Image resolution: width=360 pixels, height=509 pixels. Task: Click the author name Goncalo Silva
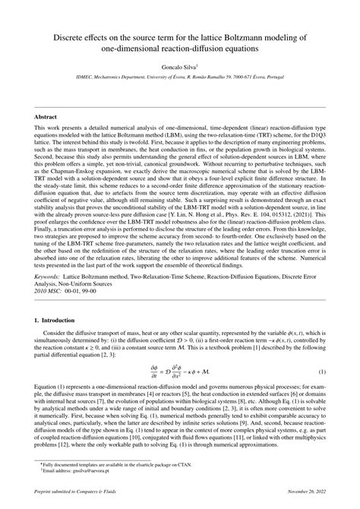(x=178, y=68)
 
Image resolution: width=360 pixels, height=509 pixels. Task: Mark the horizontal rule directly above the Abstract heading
(x=179, y=108)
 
